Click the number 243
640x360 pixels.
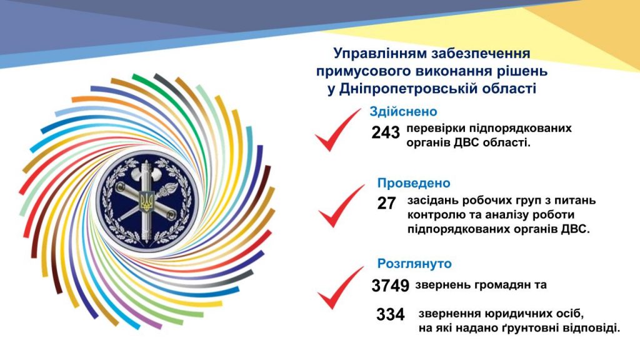point(385,132)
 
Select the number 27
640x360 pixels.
point(386,203)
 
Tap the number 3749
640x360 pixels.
point(390,285)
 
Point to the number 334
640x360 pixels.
point(390,314)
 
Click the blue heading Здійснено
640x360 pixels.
point(403,111)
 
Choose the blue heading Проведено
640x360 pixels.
point(414,183)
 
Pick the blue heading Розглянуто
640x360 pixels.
point(414,264)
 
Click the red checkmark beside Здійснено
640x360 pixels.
point(337,131)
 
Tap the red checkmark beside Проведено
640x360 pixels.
point(341,206)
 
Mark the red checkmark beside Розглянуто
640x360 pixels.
point(340,287)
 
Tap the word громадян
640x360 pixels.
point(498,285)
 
